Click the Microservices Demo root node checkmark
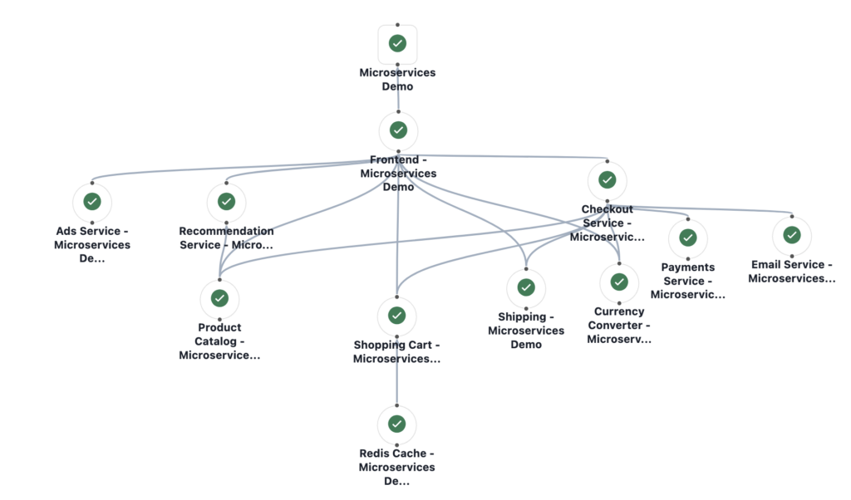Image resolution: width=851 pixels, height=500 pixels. tap(397, 43)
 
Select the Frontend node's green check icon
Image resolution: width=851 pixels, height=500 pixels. tap(398, 130)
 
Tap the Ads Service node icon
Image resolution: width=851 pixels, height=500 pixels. tap(92, 201)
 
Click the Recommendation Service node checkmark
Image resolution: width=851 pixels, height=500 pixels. tap(226, 201)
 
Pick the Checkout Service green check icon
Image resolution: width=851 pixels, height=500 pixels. tap(608, 179)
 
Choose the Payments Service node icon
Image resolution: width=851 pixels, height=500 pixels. tap(687, 238)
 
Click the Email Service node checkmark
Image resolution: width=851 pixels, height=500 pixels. tap(792, 235)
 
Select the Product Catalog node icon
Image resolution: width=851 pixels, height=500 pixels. tap(219, 297)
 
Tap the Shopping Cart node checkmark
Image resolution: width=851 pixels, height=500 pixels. tap(396, 316)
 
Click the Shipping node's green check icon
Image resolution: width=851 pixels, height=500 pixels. tap(526, 287)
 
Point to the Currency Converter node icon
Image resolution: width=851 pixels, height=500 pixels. tap(619, 282)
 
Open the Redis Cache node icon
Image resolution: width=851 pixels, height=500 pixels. tap(396, 424)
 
